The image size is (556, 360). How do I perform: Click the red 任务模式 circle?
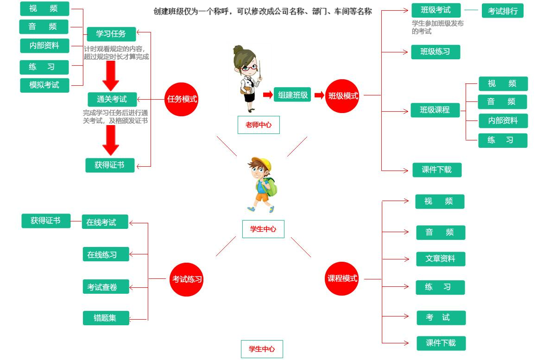182,99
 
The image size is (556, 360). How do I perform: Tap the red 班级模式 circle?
343,96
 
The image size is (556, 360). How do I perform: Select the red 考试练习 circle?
187,279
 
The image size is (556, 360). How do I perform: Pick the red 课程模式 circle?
342,278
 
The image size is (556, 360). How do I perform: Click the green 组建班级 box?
292,95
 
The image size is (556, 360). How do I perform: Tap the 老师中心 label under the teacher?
259,125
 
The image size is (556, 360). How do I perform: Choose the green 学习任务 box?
111,34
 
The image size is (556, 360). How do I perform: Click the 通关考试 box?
113,99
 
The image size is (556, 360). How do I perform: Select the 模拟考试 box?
44,85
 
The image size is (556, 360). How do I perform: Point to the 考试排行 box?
503,11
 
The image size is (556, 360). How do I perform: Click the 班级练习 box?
436,52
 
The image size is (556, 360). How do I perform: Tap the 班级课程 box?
435,110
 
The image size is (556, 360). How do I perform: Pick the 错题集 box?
106,318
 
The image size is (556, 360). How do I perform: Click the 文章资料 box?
441,259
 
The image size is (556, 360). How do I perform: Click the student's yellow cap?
262,163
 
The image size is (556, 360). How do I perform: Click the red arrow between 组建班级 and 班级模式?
319,95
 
